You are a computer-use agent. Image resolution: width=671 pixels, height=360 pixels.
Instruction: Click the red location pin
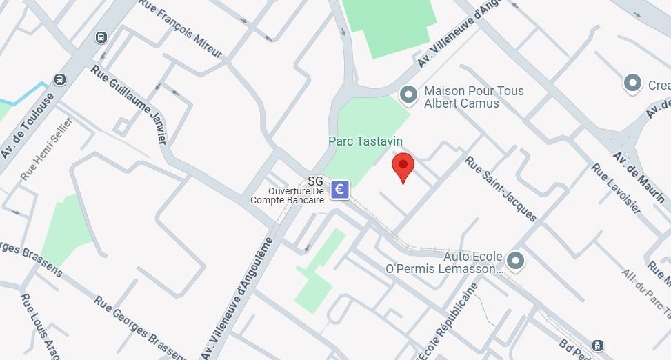pyautogui.click(x=403, y=166)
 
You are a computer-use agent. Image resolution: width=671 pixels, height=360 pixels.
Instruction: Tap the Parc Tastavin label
pyautogui.click(x=365, y=141)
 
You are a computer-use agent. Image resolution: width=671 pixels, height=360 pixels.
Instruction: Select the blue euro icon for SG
pyautogui.click(x=339, y=189)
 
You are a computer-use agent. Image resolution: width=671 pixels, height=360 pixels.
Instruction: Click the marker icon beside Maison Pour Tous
pyautogui.click(x=409, y=94)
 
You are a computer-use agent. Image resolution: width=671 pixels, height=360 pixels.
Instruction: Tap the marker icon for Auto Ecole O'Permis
pyautogui.click(x=515, y=261)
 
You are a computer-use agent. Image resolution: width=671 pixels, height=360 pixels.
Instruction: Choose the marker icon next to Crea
pyautogui.click(x=632, y=84)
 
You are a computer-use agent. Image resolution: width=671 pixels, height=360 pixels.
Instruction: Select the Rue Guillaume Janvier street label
pyautogui.click(x=129, y=104)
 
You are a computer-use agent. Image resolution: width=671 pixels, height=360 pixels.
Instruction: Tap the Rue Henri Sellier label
pyautogui.click(x=46, y=149)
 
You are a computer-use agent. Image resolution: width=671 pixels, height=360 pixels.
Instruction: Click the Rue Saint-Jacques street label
pyautogui.click(x=501, y=188)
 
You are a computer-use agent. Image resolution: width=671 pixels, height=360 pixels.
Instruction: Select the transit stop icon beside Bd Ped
pyautogui.click(x=597, y=346)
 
